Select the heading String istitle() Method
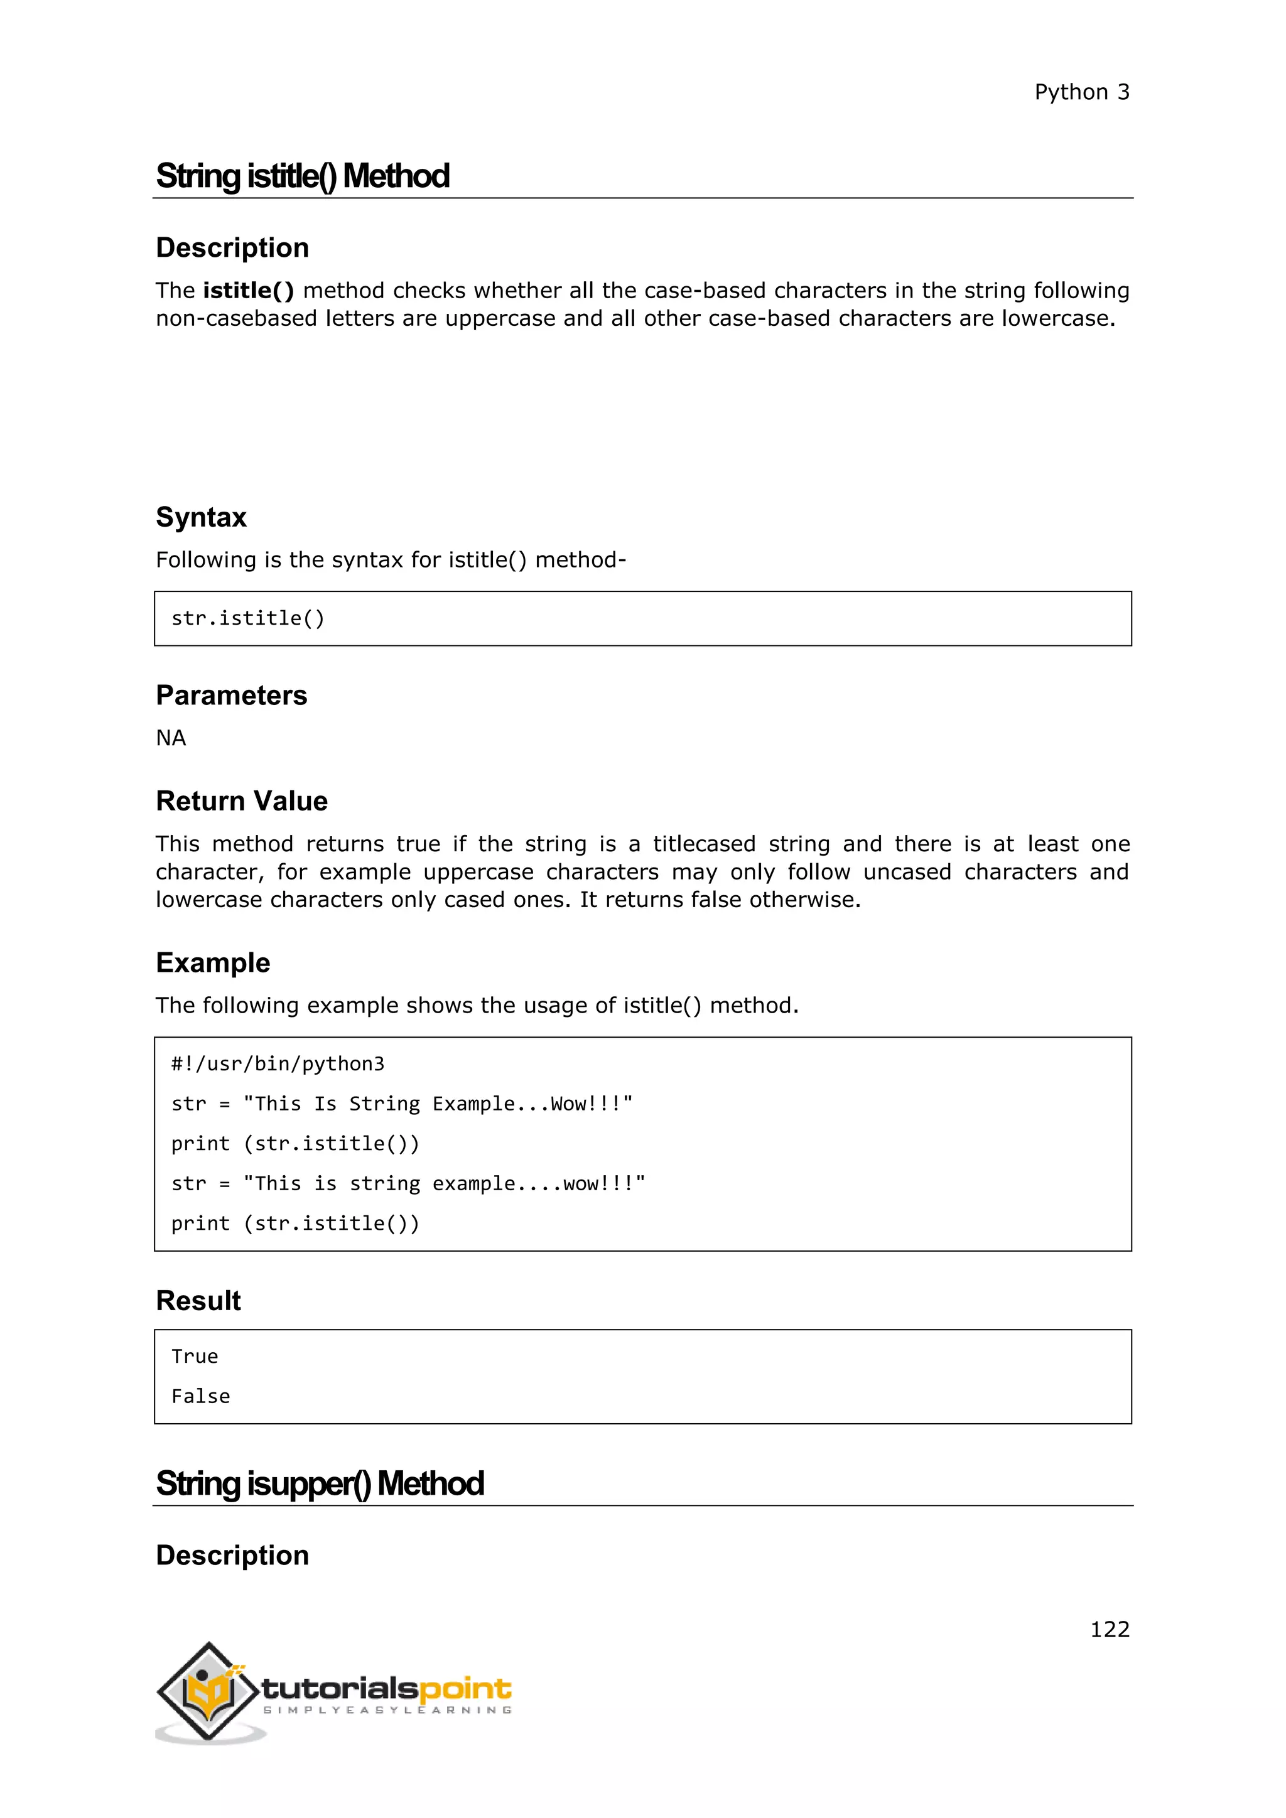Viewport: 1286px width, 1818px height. pos(303,176)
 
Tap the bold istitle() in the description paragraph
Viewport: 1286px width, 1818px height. pos(249,291)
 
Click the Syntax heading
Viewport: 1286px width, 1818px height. pos(201,517)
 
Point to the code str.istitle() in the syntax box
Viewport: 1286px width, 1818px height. pos(248,618)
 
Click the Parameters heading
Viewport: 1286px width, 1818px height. pos(231,695)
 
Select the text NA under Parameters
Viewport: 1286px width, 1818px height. pos(171,738)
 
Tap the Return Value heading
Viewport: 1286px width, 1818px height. pos(242,801)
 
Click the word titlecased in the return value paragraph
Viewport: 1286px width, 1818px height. pos(704,844)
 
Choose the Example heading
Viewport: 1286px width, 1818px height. pos(213,963)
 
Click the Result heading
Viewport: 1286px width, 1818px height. pos(198,1301)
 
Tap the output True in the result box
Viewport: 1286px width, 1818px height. pos(195,1357)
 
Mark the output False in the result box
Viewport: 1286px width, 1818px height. pos(201,1397)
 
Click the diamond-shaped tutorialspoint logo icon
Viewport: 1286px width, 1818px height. pos(208,1691)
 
